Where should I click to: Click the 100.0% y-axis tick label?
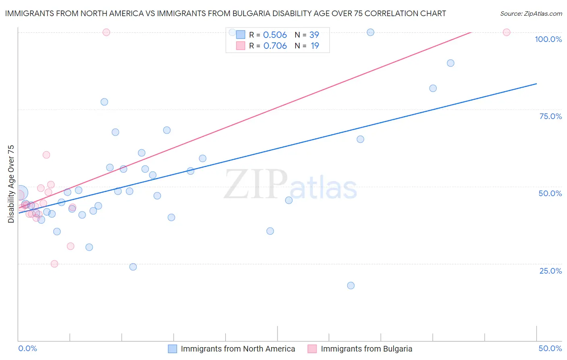tap(548, 39)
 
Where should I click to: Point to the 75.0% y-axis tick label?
tap(550, 116)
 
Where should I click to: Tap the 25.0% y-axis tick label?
tap(550, 271)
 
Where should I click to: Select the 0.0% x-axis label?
tap(27, 348)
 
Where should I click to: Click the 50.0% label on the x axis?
tap(550, 348)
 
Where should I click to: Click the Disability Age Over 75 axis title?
tap(11, 184)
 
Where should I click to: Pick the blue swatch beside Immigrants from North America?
tap(173, 349)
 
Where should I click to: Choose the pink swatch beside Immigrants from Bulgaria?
tap(312, 349)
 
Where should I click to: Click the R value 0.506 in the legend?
tap(275, 35)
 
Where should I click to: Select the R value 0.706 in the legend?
tap(275, 46)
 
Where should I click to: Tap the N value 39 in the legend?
tap(314, 35)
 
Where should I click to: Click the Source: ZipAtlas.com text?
tap(531, 14)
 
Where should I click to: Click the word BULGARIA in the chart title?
tap(252, 13)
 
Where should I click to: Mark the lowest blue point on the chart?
tap(351, 285)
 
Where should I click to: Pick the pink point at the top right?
tap(507, 32)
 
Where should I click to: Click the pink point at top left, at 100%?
tap(106, 32)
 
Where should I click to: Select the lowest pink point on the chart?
tap(54, 264)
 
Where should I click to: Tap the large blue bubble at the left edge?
tap(21, 193)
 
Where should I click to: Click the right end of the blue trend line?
tap(536, 84)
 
